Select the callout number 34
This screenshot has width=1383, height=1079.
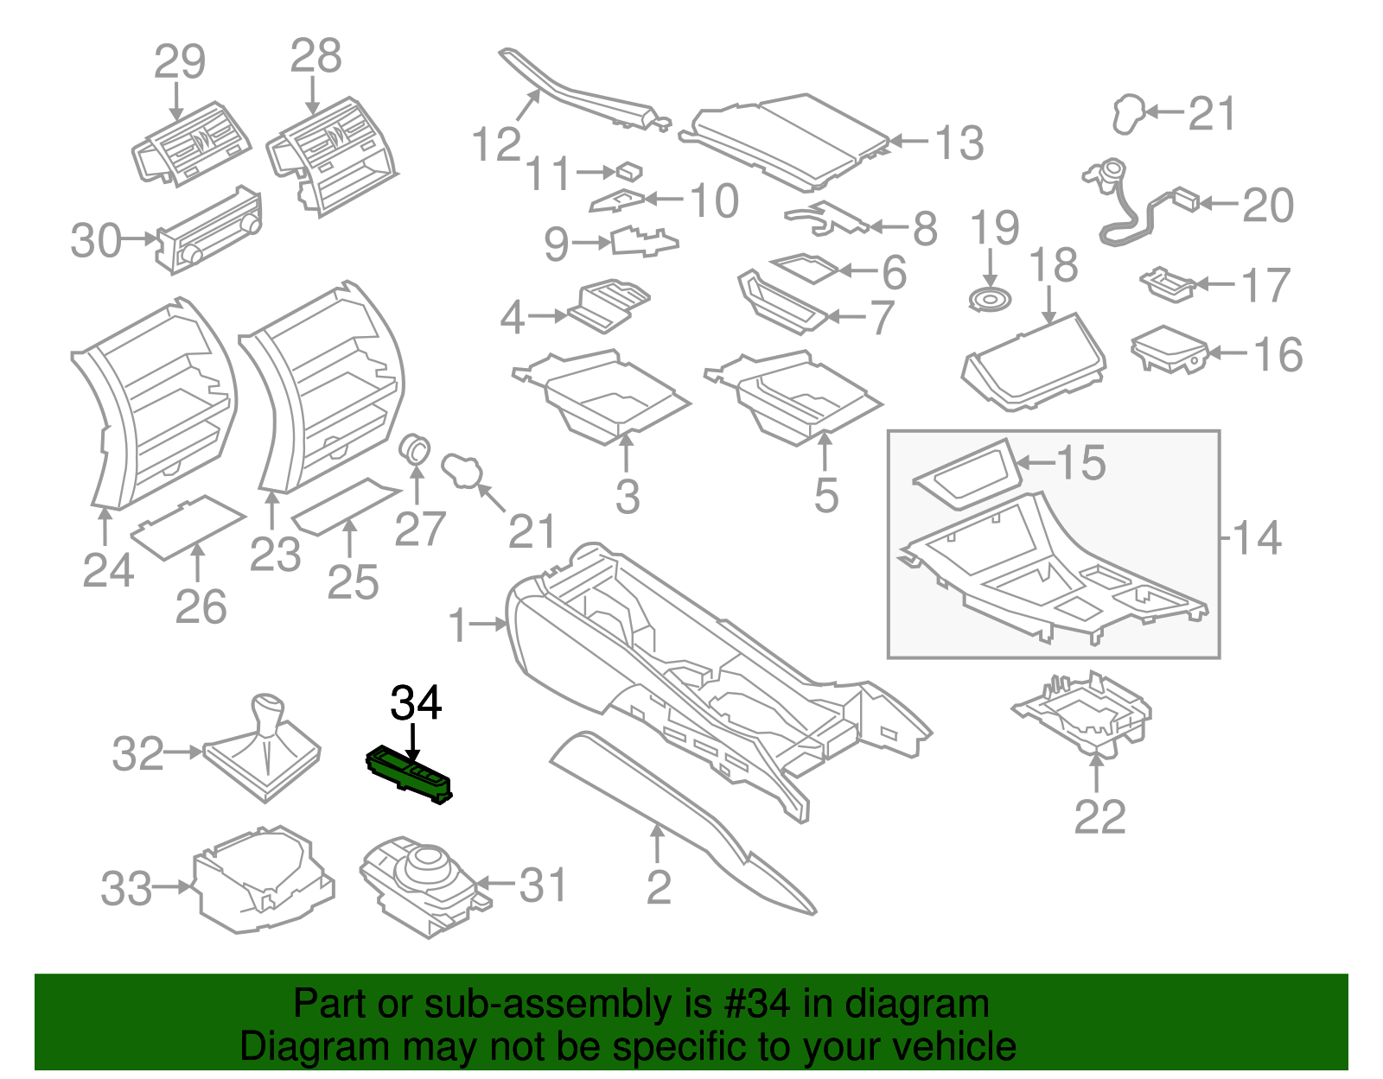(x=416, y=703)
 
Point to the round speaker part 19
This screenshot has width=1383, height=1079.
(x=991, y=300)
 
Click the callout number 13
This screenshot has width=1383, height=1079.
(x=959, y=143)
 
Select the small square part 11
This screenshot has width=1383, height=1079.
(x=629, y=170)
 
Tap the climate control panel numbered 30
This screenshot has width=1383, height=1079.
(x=208, y=230)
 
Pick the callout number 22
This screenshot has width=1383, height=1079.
(x=1099, y=816)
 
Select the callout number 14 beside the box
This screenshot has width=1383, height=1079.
(x=1256, y=537)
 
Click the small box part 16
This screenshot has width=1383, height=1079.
(x=1169, y=348)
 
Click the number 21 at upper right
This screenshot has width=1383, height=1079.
(x=1212, y=114)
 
